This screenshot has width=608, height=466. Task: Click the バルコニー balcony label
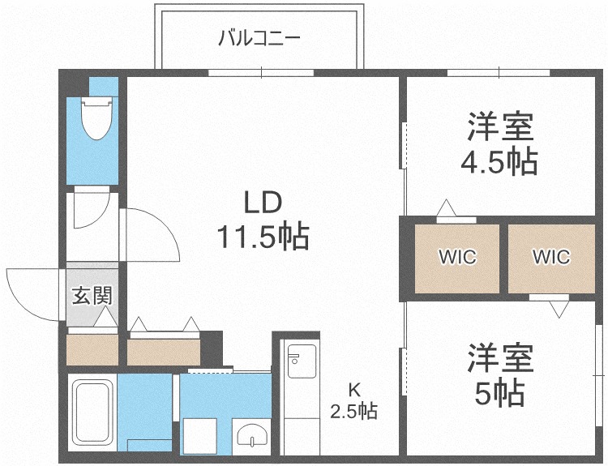[259, 39]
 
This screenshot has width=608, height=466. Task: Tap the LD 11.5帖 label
[263, 220]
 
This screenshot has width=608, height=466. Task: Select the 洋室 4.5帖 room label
[499, 143]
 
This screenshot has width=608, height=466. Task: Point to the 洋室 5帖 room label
[500, 374]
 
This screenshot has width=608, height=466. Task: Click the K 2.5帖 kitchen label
[353, 401]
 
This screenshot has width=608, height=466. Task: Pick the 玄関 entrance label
[92, 296]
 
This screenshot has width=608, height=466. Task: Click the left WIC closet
[457, 259]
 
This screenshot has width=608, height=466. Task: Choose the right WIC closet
[551, 259]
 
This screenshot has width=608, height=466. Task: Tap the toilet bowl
[96, 118]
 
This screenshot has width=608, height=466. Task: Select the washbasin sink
[252, 436]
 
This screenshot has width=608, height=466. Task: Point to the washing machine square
[199, 436]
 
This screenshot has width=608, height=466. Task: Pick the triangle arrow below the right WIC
[559, 310]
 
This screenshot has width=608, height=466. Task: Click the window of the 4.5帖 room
[499, 73]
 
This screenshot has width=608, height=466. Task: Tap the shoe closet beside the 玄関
[92, 349]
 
